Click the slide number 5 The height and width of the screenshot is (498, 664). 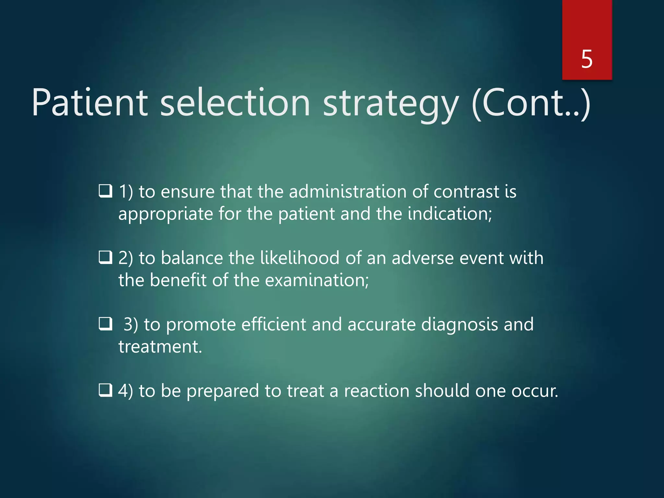587,59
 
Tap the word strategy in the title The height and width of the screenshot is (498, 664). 391,104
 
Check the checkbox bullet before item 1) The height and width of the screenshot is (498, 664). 106,191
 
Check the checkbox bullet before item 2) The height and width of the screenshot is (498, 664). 106,258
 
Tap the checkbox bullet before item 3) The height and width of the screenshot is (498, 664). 106,324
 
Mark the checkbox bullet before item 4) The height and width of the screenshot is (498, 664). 106,390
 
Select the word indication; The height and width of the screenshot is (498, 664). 450,214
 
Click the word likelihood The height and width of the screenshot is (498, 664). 300,258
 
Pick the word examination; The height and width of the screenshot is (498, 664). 317,280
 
